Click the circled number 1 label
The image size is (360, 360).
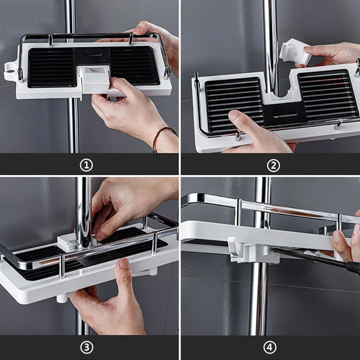[x=86, y=165]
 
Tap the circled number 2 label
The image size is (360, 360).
[x=274, y=166]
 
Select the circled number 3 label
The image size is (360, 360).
[x=86, y=347]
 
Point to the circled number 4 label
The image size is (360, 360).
[x=270, y=347]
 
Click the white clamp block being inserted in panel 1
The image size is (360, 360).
[x=94, y=79]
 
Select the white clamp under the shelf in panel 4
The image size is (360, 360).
[x=253, y=251]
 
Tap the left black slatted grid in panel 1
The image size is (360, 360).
[x=51, y=68]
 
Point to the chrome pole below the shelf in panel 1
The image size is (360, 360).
[x=73, y=125]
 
